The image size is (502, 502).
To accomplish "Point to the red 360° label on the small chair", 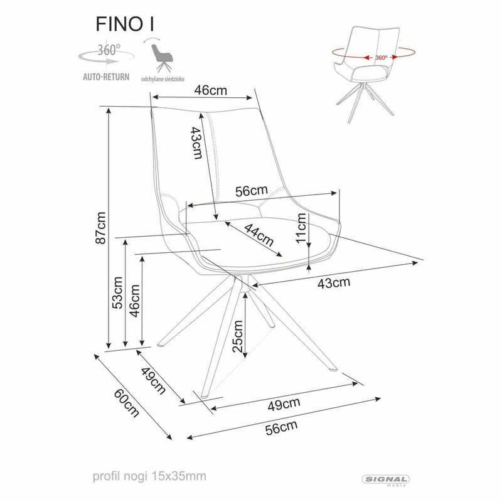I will tap(381, 57).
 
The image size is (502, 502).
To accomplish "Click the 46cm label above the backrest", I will tap(210, 90).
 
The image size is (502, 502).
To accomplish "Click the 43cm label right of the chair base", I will tap(333, 282).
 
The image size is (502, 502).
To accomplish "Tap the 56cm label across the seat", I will tap(251, 191).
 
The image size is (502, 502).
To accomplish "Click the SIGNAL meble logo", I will tap(386, 480).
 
